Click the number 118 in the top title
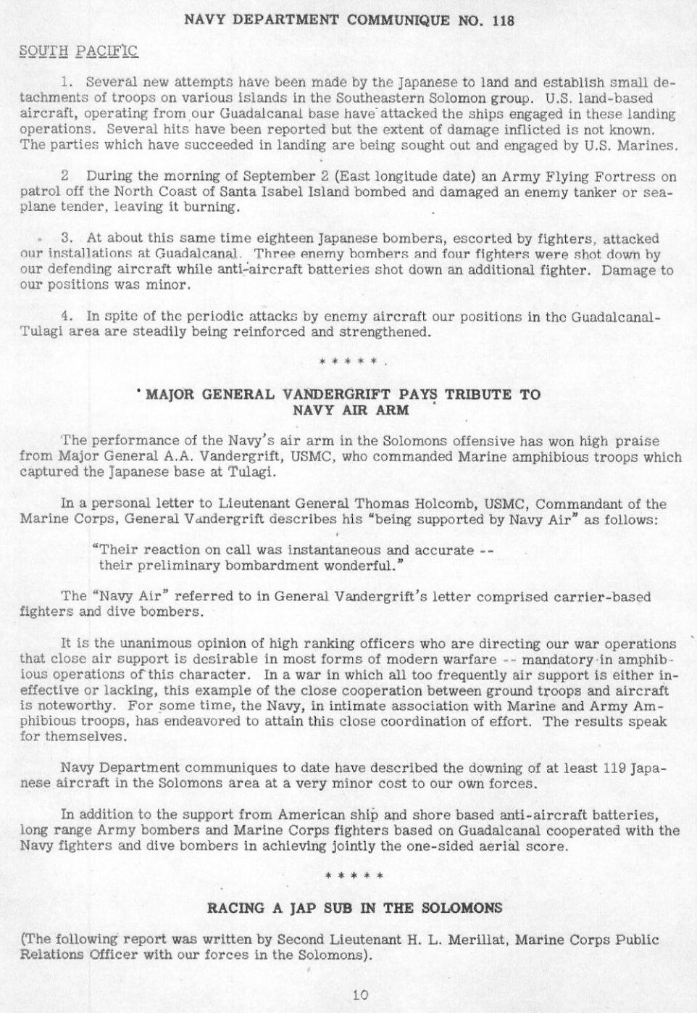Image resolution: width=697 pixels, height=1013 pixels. [501, 21]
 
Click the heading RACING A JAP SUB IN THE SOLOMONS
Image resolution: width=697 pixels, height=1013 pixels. [355, 908]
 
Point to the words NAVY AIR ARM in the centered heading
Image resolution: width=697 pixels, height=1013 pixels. [351, 410]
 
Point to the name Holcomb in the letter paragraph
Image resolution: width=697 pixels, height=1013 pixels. [430, 504]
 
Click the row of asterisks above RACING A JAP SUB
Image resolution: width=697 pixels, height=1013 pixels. [355, 876]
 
